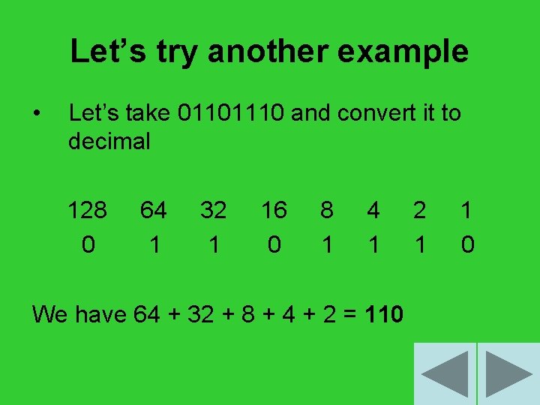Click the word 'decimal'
(109, 141)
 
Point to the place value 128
(88, 211)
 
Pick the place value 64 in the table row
(153, 211)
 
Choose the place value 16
(274, 211)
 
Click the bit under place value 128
(88, 244)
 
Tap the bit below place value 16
(274, 244)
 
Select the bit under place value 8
(326, 244)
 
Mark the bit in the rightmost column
(467, 244)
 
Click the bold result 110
(385, 314)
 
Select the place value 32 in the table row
(214, 211)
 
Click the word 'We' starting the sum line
(49, 314)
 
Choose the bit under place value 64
(154, 244)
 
